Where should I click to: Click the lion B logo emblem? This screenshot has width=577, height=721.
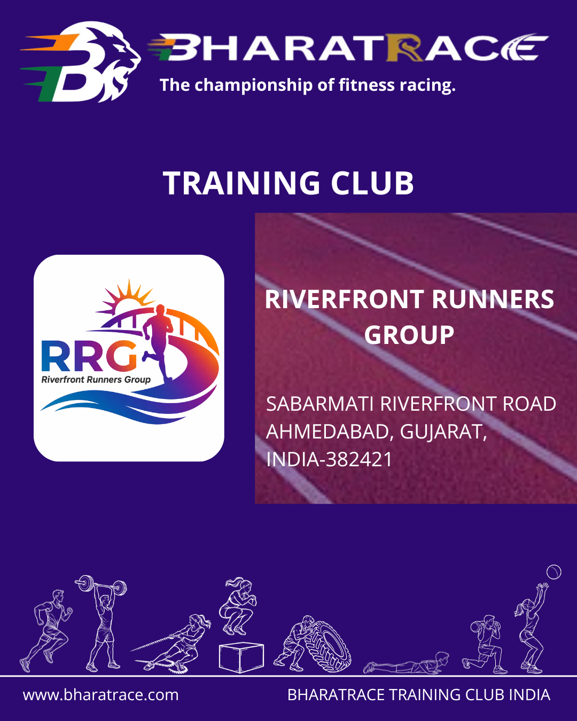pyautogui.click(x=81, y=62)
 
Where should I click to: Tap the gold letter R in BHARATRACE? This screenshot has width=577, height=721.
pyautogui.click(x=404, y=48)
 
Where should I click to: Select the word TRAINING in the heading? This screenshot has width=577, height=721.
pyautogui.click(x=241, y=183)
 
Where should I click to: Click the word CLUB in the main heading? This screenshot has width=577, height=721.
pyautogui.click(x=372, y=183)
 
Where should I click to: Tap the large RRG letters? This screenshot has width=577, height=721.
pyautogui.click(x=89, y=356)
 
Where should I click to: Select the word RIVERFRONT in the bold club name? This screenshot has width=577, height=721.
pyautogui.click(x=344, y=299)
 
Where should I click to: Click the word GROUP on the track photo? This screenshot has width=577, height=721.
pyautogui.click(x=409, y=335)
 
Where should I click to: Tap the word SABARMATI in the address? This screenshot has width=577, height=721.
pyautogui.click(x=319, y=404)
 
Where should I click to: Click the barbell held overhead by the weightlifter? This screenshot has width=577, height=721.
pyautogui.click(x=100, y=585)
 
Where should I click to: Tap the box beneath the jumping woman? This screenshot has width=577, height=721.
pyautogui.click(x=241, y=657)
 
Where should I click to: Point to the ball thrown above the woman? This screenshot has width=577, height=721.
pyautogui.click(x=554, y=572)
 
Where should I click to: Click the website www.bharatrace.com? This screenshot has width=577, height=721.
pyautogui.click(x=100, y=695)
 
